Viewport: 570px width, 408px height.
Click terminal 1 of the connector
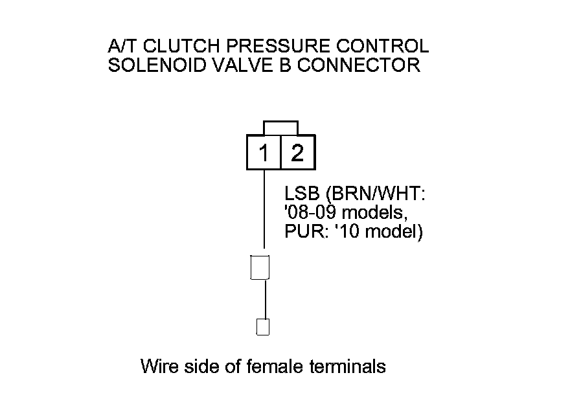tap(264, 153)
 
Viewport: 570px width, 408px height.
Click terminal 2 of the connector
tap(298, 153)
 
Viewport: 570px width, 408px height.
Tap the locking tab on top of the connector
tap(280, 127)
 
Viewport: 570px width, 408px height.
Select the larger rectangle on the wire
tap(259, 267)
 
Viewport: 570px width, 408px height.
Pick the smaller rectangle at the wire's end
tap(263, 326)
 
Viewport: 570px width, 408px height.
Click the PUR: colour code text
tap(305, 231)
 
